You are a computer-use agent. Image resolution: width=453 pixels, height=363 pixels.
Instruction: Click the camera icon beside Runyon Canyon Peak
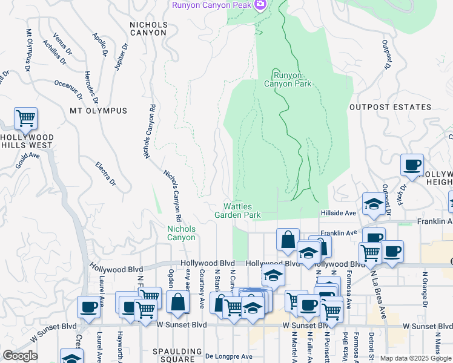261,5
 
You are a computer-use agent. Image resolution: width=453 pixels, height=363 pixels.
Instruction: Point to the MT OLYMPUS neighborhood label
98,111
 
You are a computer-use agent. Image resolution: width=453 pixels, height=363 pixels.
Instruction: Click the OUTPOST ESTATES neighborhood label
390,107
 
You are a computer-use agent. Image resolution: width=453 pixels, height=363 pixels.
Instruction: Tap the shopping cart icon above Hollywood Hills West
25,119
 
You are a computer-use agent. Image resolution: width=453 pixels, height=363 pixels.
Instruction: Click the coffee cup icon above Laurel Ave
88,307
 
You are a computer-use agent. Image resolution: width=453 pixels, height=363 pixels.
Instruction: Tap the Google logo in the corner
19,356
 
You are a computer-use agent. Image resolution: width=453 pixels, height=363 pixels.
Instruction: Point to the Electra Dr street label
105,173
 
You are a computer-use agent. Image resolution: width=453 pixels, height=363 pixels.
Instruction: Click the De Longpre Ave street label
228,356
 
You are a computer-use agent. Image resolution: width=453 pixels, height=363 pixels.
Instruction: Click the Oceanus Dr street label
68,90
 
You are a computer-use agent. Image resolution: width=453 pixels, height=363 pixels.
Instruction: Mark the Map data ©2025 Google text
415,358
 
